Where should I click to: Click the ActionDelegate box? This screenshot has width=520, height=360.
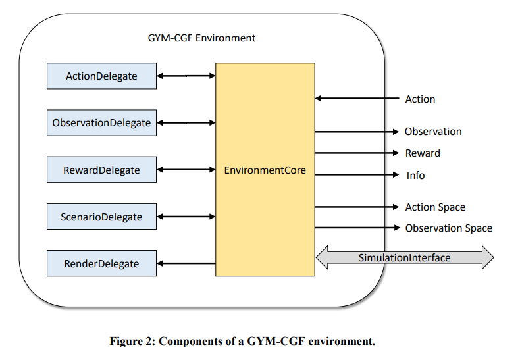click(x=101, y=76)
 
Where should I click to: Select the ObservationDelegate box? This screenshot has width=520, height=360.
click(x=101, y=122)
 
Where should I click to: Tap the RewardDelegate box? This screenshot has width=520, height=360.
click(x=101, y=170)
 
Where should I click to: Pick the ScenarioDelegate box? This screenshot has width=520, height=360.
click(x=101, y=217)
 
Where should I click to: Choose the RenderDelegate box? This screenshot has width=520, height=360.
click(x=101, y=263)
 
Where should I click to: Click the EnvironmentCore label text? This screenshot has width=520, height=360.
click(x=265, y=170)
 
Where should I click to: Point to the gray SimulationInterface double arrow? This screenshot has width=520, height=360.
click(x=405, y=257)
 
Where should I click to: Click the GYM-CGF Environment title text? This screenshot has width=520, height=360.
click(x=201, y=38)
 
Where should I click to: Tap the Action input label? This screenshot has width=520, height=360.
click(x=420, y=99)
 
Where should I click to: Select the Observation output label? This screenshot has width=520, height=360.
click(x=433, y=131)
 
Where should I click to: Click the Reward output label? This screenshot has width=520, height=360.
click(x=423, y=153)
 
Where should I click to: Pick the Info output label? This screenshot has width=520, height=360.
click(x=415, y=175)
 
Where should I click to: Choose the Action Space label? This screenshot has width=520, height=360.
click(x=435, y=207)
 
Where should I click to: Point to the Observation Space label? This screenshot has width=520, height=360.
click(x=449, y=228)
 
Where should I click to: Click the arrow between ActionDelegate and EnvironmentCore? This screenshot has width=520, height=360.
click(x=186, y=76)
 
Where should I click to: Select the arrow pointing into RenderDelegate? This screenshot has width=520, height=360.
click(x=186, y=263)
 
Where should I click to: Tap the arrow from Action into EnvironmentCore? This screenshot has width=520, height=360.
click(x=357, y=98)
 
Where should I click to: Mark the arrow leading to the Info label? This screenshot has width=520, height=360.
click(x=357, y=174)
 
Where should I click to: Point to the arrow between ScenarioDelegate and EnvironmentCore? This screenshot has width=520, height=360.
click(x=186, y=217)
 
